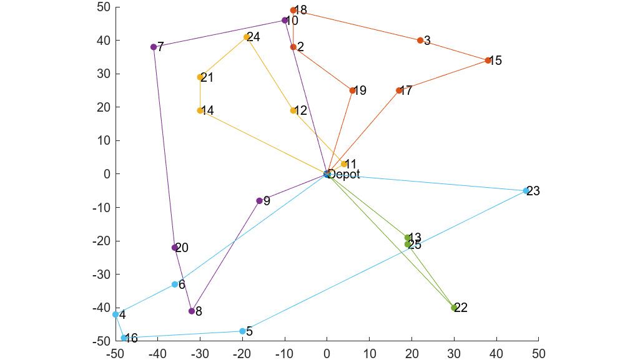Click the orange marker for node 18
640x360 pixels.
(x=293, y=11)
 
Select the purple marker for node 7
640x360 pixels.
(x=154, y=47)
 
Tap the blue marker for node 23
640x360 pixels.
(x=526, y=191)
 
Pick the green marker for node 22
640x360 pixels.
(x=455, y=308)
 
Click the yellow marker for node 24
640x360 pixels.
(x=247, y=37)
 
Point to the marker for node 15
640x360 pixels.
(x=488, y=61)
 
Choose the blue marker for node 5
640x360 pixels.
(x=242, y=331)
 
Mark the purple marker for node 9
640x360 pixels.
(x=259, y=201)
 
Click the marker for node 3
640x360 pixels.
(x=420, y=41)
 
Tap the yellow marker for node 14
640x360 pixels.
(x=200, y=111)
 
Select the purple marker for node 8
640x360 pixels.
(x=192, y=311)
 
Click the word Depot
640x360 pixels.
(x=344, y=175)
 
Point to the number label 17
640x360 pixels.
(x=406, y=91)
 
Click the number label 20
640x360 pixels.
(x=182, y=248)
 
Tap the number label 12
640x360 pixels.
(x=300, y=111)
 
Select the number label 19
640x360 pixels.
(x=359, y=91)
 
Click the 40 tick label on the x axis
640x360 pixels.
(x=496, y=354)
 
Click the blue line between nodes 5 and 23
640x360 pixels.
(x=384, y=261)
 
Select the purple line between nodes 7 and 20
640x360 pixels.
(x=164, y=147)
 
